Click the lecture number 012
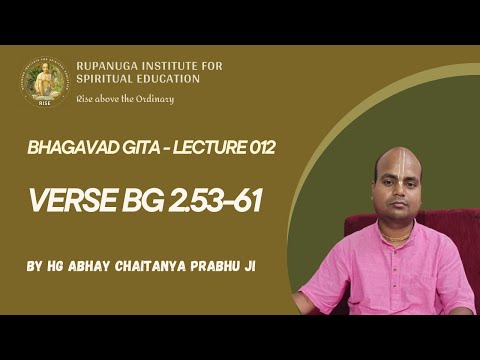coord(256,148)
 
